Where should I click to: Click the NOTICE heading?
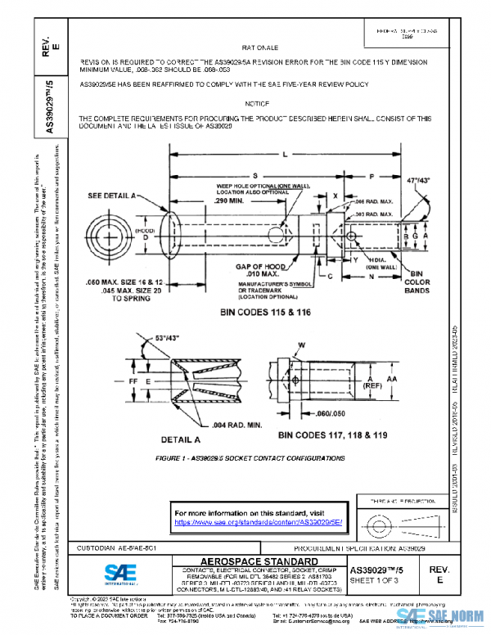click(258, 105)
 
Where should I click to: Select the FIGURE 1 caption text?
click(250, 457)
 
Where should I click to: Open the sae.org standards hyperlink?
click(257, 521)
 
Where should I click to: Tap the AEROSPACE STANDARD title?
click(257, 561)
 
